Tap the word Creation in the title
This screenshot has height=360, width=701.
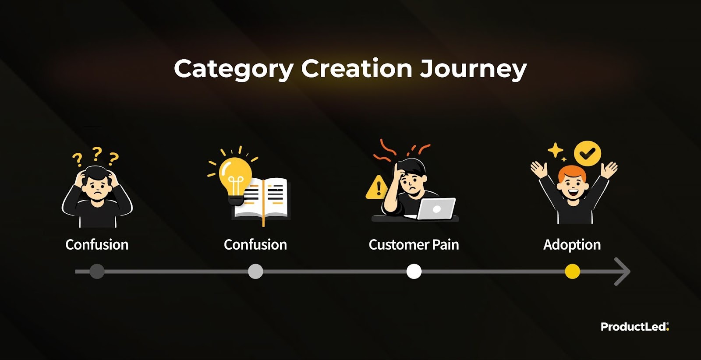tap(357, 68)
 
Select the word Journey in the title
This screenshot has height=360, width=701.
tap(473, 70)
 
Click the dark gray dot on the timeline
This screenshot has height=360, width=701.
tap(97, 271)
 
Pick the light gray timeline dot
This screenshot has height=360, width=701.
tap(255, 271)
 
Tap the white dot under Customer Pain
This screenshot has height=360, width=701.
tap(414, 271)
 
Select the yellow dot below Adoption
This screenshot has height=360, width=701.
tap(572, 271)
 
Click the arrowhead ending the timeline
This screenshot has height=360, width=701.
tap(623, 272)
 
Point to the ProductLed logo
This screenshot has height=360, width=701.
tap(635, 327)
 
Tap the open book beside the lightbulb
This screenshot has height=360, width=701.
tap(262, 200)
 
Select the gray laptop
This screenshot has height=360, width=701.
tap(432, 208)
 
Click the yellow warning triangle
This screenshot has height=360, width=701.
tap(377, 187)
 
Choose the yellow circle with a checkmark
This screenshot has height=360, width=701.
tap(588, 153)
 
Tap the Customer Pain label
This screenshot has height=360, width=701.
tap(414, 244)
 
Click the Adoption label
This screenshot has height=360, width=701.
tap(572, 245)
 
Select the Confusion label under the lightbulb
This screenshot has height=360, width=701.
tap(255, 244)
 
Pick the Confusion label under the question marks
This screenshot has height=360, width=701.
tap(97, 244)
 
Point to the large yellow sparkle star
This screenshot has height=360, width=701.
tap(556, 150)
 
